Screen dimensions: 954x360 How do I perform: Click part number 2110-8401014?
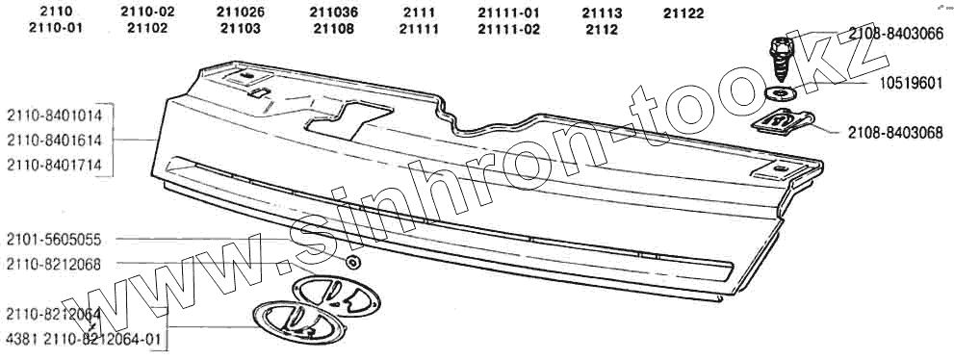tap(54, 116)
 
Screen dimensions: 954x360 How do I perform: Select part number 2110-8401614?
tap(54, 141)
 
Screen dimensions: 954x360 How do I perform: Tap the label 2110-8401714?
tap(54, 165)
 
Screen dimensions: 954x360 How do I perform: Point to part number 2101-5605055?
tap(54, 240)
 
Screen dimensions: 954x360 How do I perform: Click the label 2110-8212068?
tap(54, 265)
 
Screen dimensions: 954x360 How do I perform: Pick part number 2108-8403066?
tap(895, 35)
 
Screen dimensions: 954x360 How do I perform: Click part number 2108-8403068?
tap(895, 133)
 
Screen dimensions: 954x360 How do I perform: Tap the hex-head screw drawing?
tap(782, 59)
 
